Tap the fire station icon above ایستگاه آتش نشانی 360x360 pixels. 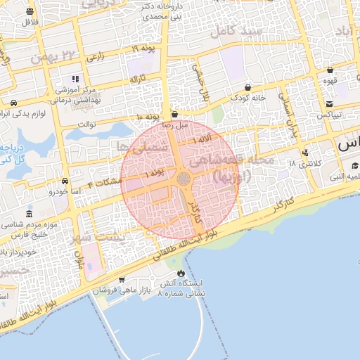[x=181, y=273]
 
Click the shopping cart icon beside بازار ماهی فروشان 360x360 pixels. [x=122, y=280]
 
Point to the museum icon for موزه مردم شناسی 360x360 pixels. [x=29, y=214]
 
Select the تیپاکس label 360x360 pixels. [x=329, y=114]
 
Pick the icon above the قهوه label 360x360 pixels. [x=330, y=70]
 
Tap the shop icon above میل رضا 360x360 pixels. [x=174, y=112]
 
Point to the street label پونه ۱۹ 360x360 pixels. [x=146, y=48]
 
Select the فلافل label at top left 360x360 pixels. [x=29, y=22]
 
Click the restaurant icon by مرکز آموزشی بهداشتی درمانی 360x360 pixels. [x=76, y=79]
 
